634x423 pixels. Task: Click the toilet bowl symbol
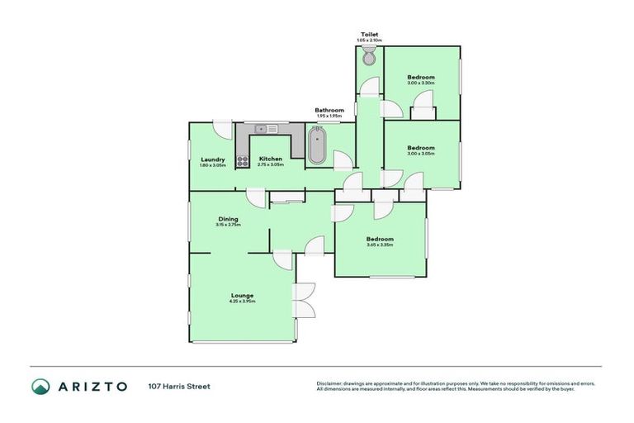[369, 56]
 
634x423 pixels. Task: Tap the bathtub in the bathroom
[317, 146]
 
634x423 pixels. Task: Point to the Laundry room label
[212, 159]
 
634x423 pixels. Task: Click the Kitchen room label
[270, 159]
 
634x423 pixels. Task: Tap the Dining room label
[228, 219]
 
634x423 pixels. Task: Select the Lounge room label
[242, 295]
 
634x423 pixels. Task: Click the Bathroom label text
[329, 110]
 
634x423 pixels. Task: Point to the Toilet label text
[369, 35]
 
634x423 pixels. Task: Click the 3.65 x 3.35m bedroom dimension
[380, 245]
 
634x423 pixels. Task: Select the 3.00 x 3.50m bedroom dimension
[420, 83]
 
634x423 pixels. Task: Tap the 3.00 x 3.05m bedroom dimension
[420, 154]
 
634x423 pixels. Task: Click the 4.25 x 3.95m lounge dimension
[242, 302]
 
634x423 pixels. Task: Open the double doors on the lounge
[304, 300]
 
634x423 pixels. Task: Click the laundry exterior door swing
[222, 129]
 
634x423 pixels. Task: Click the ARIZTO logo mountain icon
[40, 386]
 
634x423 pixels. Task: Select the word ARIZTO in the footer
[92, 386]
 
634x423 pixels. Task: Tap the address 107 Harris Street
[179, 386]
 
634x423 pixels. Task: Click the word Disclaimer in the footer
[331, 383]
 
